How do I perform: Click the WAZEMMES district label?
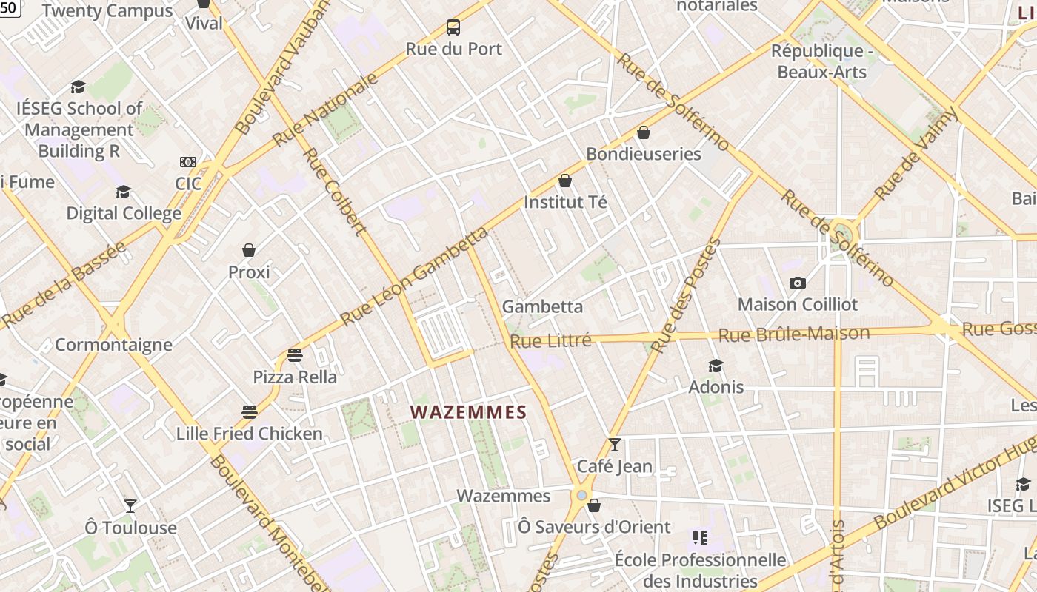pos(468,412)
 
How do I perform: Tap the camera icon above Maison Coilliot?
pos(798,283)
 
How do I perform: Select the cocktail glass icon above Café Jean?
pos(614,445)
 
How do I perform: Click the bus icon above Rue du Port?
pos(453,27)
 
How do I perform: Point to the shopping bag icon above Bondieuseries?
pos(644,132)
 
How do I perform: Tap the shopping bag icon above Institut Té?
pos(565,181)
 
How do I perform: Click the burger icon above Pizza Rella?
pos(295,355)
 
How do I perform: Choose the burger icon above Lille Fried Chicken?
pos(250,411)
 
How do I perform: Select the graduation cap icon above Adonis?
pos(716,366)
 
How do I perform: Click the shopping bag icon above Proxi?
pos(249,251)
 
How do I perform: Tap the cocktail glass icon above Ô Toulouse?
pos(130,506)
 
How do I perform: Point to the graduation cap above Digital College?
pos(124,192)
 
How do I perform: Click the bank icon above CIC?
pos(188,162)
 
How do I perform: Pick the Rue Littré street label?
pos(550,341)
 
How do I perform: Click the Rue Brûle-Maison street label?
pos(794,334)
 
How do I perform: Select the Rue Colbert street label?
pos(335,191)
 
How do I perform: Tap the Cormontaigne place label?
pos(114,345)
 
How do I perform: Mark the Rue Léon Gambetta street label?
pos(415,277)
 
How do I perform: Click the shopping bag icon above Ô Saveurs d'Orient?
pos(593,506)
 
